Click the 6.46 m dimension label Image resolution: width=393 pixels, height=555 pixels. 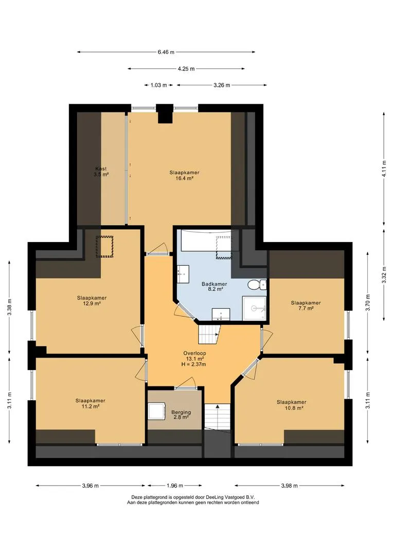[x=166, y=52]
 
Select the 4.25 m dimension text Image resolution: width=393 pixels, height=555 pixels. [x=186, y=69]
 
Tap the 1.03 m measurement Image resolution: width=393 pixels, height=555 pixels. [x=159, y=85]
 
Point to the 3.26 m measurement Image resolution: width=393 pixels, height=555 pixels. [x=222, y=85]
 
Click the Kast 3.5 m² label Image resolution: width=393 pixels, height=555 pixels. [x=101, y=172]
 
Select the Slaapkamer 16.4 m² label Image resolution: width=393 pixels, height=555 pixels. [x=184, y=176]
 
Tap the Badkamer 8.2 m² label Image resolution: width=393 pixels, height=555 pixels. [x=215, y=286]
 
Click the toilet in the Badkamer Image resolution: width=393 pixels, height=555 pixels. [x=257, y=284]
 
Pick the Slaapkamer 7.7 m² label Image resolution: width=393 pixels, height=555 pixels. [x=306, y=305]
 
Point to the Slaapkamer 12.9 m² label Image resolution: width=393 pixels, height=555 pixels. [x=92, y=301]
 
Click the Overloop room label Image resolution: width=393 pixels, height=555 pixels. [x=194, y=359]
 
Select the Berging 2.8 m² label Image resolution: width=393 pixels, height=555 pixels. [x=181, y=415]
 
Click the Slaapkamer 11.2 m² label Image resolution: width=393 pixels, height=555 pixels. [x=91, y=403]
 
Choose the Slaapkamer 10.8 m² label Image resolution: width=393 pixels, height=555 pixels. [x=292, y=405]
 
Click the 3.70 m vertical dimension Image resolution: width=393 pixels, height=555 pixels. [x=367, y=303]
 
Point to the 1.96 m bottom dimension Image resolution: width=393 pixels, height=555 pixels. [x=175, y=486]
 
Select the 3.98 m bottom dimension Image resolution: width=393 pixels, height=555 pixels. [x=289, y=486]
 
